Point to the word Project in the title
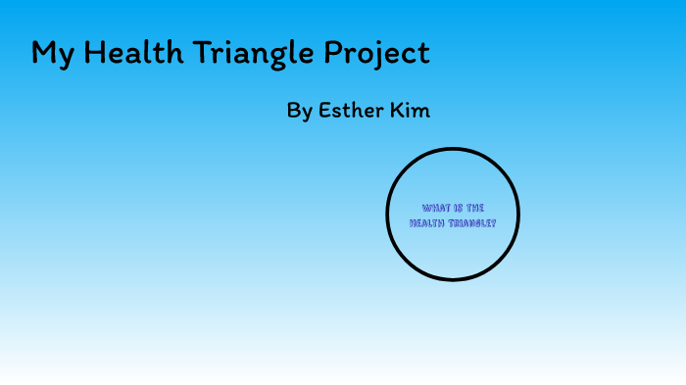click(x=377, y=53)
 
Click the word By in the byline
click(x=299, y=111)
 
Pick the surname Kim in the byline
click(x=411, y=110)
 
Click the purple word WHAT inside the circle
click(x=436, y=208)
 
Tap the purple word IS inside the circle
click(x=459, y=208)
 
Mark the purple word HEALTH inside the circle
click(x=427, y=223)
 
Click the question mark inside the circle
click(x=494, y=223)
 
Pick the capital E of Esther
click(x=324, y=110)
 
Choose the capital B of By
click(x=293, y=110)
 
